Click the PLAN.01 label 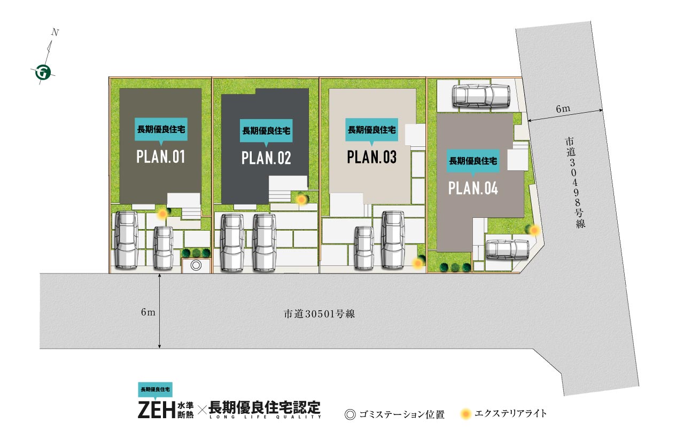click(x=161, y=156)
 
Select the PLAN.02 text click(x=266, y=158)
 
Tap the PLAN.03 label click(x=371, y=157)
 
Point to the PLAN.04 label click(x=473, y=188)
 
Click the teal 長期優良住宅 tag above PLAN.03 click(x=371, y=130)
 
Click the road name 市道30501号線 click(x=320, y=314)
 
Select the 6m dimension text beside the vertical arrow click(x=148, y=312)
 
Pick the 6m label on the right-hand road click(x=563, y=108)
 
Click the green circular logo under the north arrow click(x=43, y=73)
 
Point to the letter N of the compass click(x=55, y=32)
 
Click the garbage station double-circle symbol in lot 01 click(x=196, y=265)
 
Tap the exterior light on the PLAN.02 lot click(x=302, y=199)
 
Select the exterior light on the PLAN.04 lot click(x=534, y=230)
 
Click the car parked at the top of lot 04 click(x=481, y=96)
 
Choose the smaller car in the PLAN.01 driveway click(x=163, y=247)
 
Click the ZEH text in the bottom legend click(x=157, y=410)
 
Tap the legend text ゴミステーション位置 click(x=402, y=414)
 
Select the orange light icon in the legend click(x=465, y=414)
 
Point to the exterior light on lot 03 click(x=417, y=263)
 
